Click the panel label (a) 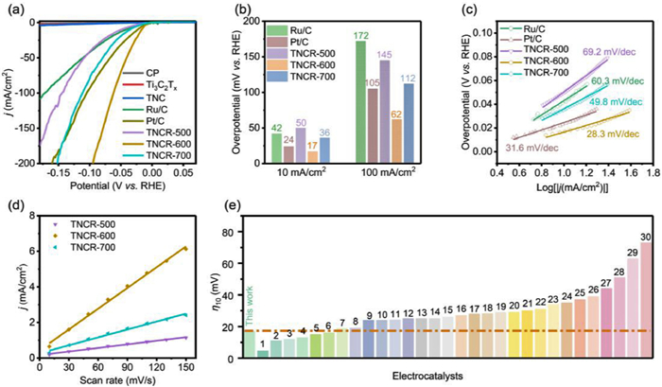tap(12, 11)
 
